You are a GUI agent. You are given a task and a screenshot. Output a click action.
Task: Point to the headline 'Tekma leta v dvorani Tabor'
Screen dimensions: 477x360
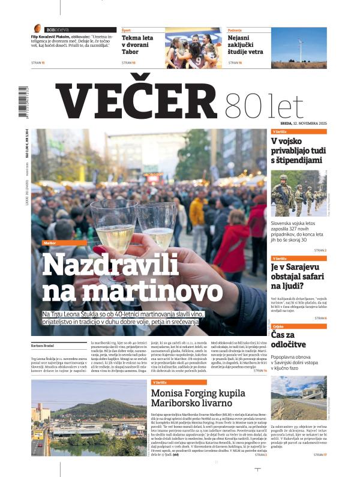(137, 46)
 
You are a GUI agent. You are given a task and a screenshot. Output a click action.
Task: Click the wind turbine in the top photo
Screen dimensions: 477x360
(301, 47)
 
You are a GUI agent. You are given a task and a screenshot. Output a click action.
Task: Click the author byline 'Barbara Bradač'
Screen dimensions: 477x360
(43, 346)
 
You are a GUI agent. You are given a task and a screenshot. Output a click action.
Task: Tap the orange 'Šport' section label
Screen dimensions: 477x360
(127, 29)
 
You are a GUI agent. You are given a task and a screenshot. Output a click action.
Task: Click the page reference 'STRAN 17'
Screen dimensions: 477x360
(320, 455)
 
